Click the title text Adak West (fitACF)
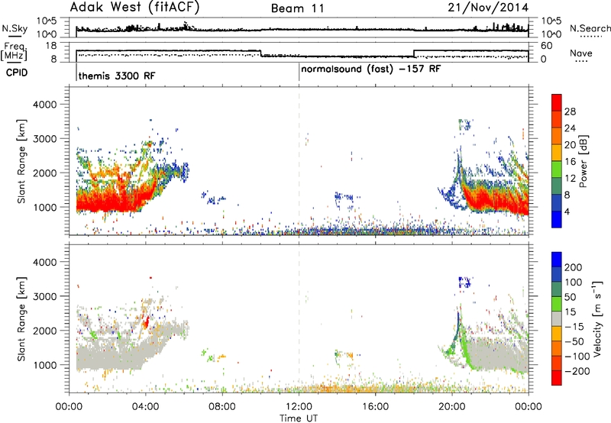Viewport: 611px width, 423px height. (134, 8)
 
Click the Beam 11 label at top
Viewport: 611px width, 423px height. (298, 8)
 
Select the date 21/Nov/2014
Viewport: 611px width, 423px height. (488, 8)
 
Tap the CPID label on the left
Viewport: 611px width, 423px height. (17, 73)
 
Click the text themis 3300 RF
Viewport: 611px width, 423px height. (117, 76)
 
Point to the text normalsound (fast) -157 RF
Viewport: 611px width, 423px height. (371, 69)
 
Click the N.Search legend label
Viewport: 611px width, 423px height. (590, 28)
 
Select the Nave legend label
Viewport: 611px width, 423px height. (581, 53)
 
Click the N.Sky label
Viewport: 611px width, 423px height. (15, 28)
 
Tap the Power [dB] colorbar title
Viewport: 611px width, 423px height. (583, 161)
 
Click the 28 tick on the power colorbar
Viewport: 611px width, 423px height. (570, 111)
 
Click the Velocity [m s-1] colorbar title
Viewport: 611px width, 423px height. (597, 318)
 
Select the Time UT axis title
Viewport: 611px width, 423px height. (299, 418)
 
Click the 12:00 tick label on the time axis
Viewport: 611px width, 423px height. (299, 407)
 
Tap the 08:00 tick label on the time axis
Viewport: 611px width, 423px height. (222, 407)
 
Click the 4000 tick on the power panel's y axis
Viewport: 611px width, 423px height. (44, 105)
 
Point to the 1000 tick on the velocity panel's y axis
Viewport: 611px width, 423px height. (44, 365)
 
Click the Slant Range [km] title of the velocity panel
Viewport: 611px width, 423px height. (21, 319)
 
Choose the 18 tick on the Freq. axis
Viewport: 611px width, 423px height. (51, 46)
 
